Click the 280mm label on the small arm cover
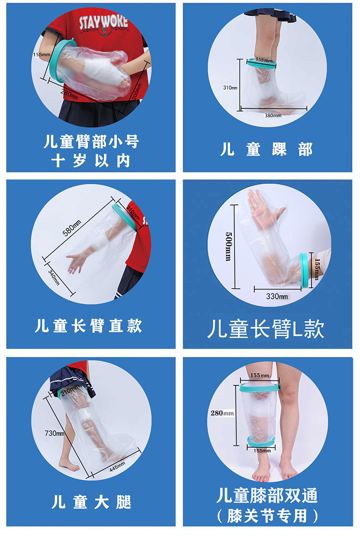(x=69, y=93)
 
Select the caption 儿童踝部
(x=266, y=149)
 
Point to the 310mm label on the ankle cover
(x=230, y=88)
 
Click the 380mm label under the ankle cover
(x=272, y=116)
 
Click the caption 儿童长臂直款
(x=89, y=326)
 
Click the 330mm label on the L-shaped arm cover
(x=277, y=297)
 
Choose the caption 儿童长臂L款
(x=266, y=330)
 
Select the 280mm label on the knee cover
(x=221, y=413)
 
